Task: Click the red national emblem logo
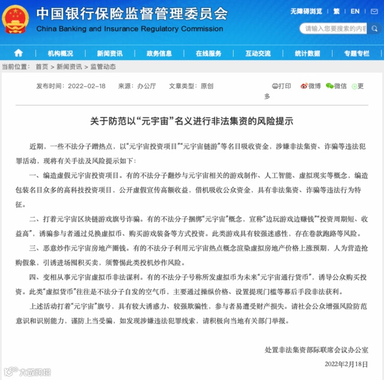pos(17,18)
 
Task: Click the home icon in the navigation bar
pos(19,53)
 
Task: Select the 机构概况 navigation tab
pos(60,53)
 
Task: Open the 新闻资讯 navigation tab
pos(110,53)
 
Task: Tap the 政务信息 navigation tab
pos(159,53)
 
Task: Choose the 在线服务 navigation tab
pos(208,53)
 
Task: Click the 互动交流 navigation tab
pos(258,53)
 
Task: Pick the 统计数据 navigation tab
pos(307,53)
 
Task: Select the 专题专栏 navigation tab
pos(356,53)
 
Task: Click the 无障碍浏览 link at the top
pos(306,11)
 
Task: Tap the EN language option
pos(355,11)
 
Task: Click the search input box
pos(335,28)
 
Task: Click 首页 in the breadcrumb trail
pos(41,67)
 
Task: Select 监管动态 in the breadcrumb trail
pos(103,67)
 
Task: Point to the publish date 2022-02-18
pos(87,86)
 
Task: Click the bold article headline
pos(192,120)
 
